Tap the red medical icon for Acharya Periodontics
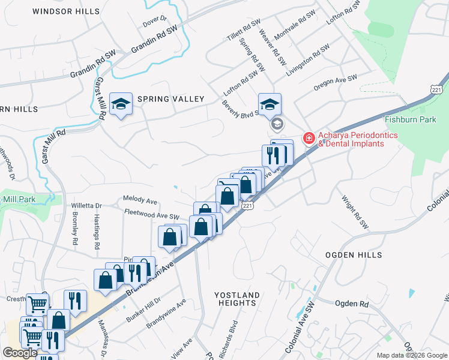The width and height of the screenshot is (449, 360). [x=309, y=139]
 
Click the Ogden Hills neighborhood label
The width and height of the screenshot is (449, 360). [x=354, y=255]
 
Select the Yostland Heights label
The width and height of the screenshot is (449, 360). [x=237, y=299]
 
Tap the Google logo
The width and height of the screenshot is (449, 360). [x=20, y=353]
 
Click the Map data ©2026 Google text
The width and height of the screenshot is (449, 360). [x=412, y=355]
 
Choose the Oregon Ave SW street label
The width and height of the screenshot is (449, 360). [x=335, y=83]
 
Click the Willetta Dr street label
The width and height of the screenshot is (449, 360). [x=87, y=205]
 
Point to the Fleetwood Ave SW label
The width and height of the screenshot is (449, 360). [x=152, y=213]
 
